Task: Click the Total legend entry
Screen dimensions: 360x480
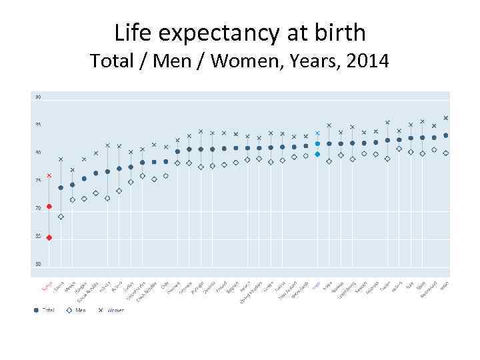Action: [45, 310]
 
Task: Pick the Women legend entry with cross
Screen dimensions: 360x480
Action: [111, 310]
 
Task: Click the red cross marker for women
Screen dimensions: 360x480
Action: [49, 176]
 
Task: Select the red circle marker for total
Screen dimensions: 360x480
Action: [49, 207]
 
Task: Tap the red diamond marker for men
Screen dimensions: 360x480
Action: [49, 237]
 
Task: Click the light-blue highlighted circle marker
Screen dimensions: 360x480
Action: [317, 143]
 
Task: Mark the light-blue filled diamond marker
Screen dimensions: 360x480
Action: [317, 154]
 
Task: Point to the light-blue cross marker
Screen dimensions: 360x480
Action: [317, 133]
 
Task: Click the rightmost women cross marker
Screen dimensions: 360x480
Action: [445, 118]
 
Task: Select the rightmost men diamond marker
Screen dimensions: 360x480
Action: [445, 153]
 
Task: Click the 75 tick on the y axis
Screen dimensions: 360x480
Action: [38, 181]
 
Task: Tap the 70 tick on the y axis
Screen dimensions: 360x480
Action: [38, 209]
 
